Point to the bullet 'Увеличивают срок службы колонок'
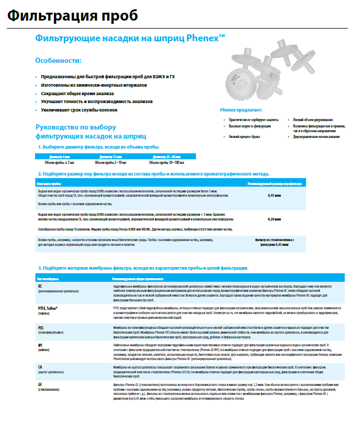click(79, 109)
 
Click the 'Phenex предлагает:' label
click(241, 110)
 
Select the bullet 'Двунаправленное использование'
click(315, 136)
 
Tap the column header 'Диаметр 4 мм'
click(59, 157)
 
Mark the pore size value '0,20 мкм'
click(274, 218)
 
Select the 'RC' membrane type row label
click(40, 286)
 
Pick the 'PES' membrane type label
click(41, 328)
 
